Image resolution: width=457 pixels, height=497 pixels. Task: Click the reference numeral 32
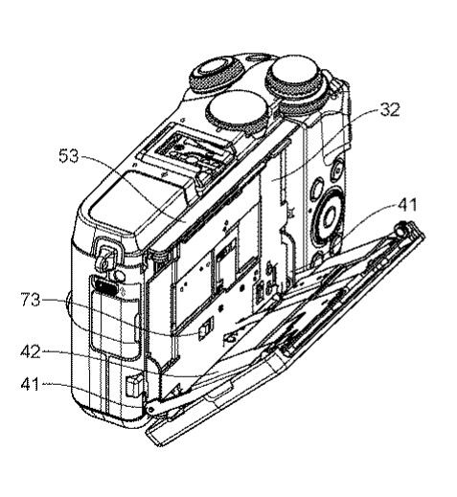390,109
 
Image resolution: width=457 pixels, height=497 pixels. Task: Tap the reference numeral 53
69,156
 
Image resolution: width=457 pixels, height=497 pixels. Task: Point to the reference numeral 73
31,300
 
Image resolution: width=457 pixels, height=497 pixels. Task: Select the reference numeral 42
31,351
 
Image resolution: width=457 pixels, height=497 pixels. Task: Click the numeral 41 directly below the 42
31,383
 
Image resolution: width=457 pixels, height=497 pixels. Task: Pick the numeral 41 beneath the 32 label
407,205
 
